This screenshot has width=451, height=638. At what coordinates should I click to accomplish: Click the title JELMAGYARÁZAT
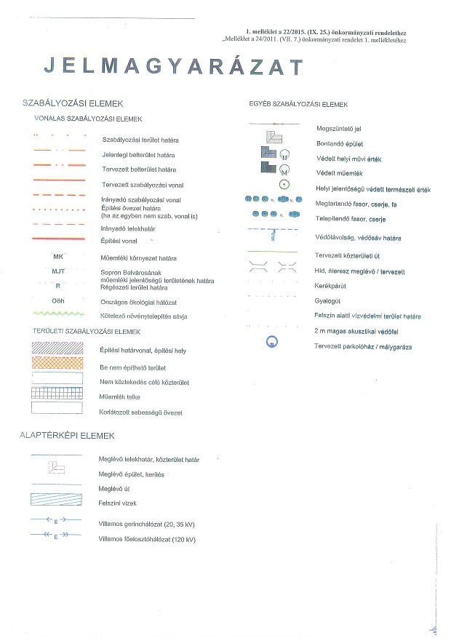173,66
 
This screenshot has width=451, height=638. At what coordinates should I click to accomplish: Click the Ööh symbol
59,300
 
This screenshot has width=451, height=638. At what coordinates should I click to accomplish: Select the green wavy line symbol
59,315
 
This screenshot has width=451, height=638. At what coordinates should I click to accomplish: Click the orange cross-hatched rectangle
59,364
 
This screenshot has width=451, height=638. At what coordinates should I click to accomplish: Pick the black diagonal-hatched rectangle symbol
59,349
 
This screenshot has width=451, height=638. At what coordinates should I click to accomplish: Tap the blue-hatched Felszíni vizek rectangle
59,501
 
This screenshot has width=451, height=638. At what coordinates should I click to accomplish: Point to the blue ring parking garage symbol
273,341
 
